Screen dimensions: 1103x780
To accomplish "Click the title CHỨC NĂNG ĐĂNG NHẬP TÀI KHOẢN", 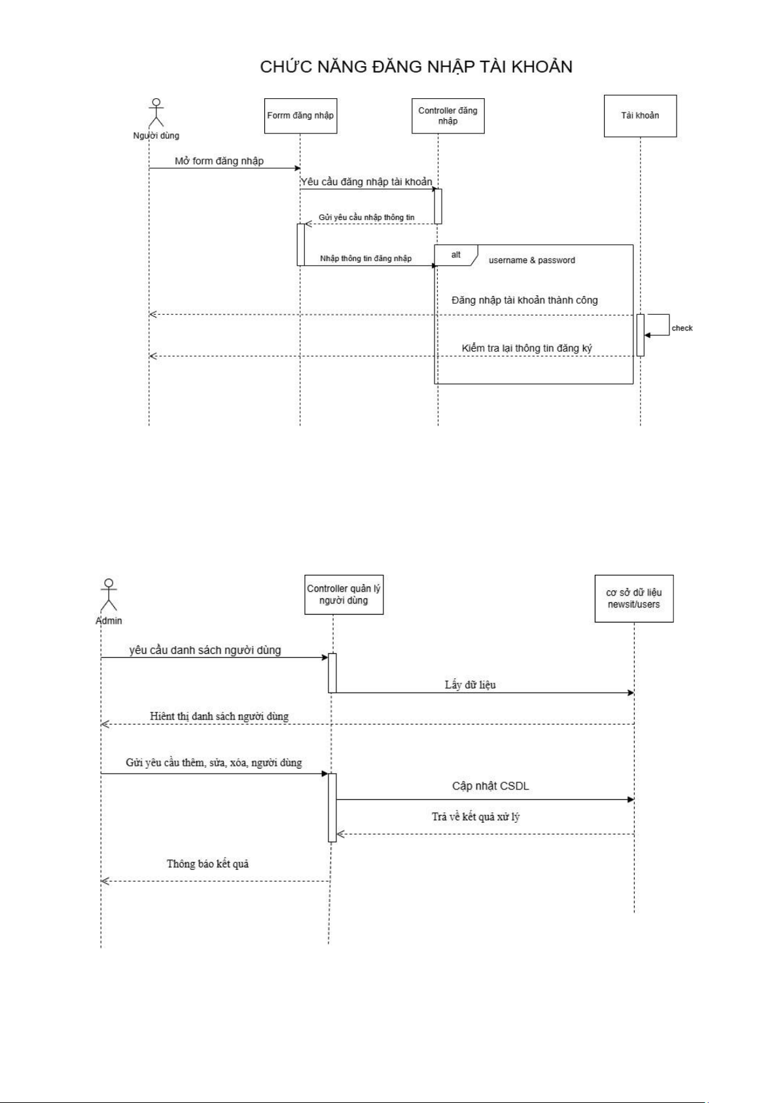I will (x=416, y=67).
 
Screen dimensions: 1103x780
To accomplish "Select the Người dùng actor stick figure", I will (x=156, y=113).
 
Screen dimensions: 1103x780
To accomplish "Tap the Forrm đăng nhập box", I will (x=300, y=116).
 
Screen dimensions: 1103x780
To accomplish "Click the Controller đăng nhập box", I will (x=448, y=116).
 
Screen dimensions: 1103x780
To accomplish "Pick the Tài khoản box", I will (x=640, y=116).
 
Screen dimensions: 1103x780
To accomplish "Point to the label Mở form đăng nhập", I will (x=219, y=161).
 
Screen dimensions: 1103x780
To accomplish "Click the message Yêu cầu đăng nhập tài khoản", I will (x=366, y=182).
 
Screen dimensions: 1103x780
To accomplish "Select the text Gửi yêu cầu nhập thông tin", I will (x=366, y=217).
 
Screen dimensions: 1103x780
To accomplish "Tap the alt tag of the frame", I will (x=456, y=255).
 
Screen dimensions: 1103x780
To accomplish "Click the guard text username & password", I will (x=531, y=261).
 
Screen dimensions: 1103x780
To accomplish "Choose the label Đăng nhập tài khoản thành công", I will (x=524, y=300).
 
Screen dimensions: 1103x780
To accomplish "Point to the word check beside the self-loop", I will (x=682, y=329).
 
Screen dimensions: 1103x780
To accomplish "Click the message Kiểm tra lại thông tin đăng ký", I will (x=527, y=348).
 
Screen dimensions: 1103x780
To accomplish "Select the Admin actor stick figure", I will (x=109, y=594).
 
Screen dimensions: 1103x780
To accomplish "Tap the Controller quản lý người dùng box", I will (x=344, y=594).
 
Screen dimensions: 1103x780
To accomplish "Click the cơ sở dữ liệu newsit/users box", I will (x=633, y=598).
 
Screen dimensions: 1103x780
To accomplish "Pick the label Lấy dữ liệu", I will (x=470, y=685).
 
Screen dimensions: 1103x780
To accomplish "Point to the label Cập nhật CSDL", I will (x=490, y=786).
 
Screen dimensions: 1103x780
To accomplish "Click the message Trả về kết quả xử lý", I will (x=476, y=817).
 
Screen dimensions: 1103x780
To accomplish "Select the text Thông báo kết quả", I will (x=207, y=864).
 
